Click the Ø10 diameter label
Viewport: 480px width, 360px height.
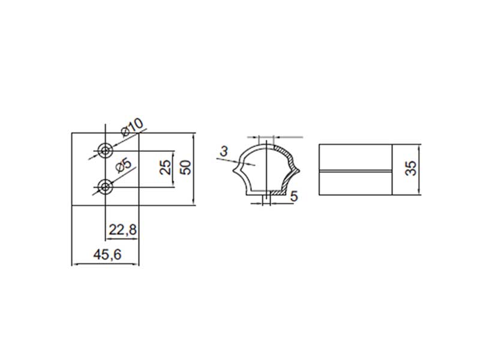pos(132,127)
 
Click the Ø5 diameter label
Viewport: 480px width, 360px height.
pos(124,166)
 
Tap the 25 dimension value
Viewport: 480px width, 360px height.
pos(166,167)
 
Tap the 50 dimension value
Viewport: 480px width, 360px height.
pos(185,167)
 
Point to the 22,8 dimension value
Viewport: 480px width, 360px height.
pos(123,230)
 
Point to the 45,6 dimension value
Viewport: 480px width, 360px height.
pos(107,254)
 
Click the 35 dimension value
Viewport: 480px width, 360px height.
pos(411,169)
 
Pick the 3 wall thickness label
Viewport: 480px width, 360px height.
pos(224,151)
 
